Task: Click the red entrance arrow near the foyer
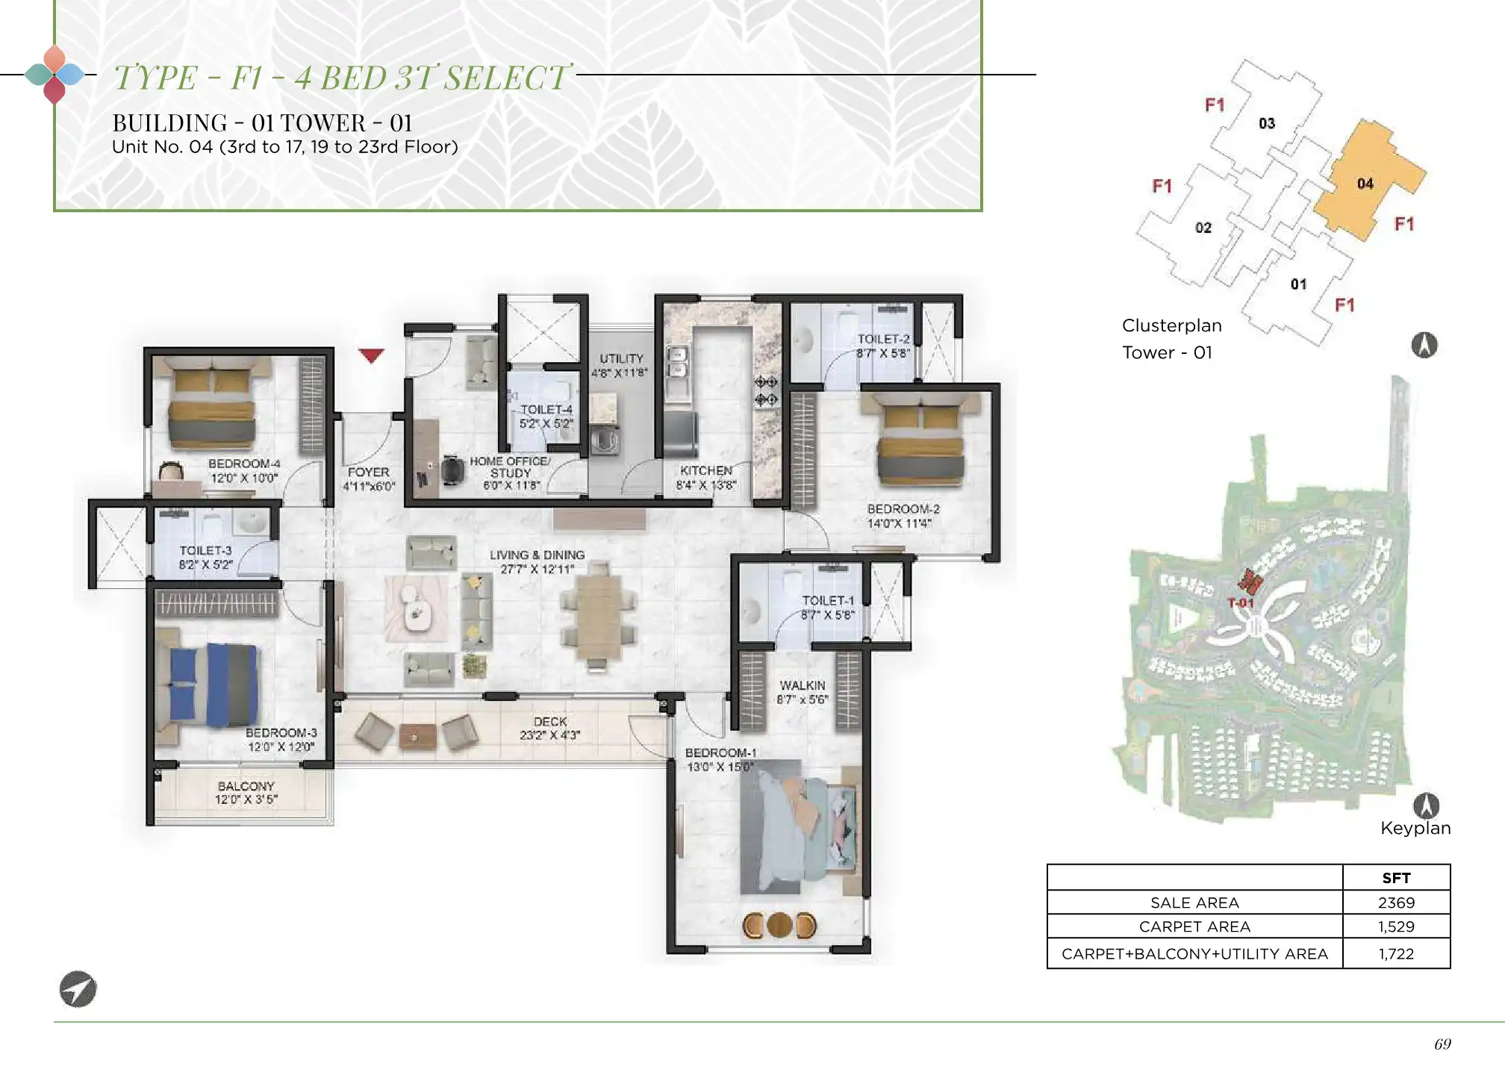click(371, 355)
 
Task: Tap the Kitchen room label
click(706, 470)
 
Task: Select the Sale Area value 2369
click(1396, 903)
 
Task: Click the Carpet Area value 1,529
click(1396, 926)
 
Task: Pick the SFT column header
click(1396, 878)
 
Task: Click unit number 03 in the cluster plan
click(1267, 123)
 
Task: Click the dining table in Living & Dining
click(596, 616)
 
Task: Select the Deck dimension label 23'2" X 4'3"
click(550, 735)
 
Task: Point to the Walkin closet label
click(803, 685)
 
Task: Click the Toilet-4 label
click(546, 409)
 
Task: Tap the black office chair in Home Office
click(452, 470)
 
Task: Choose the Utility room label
click(621, 358)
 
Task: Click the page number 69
click(1442, 1044)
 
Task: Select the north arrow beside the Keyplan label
click(1426, 806)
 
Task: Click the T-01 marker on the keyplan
click(1241, 602)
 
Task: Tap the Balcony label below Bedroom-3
click(246, 786)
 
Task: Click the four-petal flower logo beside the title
click(54, 74)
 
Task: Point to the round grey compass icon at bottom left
click(78, 989)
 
